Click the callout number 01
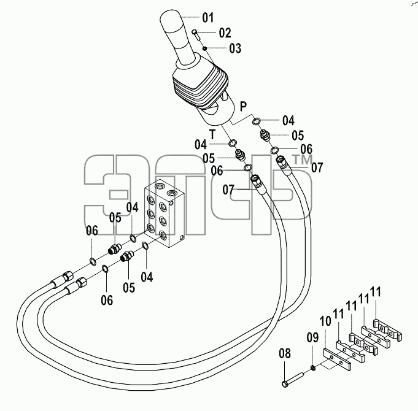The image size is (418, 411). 208,18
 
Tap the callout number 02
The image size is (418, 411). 225,33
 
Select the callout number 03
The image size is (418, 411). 235,48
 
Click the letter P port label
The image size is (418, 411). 243,106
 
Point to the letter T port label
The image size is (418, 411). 212,134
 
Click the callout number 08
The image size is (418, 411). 285,353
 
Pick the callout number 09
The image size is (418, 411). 312,337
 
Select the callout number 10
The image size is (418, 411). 325,321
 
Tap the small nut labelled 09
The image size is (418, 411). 314,369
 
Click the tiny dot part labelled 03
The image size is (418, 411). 205,48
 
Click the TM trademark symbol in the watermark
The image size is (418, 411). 303,160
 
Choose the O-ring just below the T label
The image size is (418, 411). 233,143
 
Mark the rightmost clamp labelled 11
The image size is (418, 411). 387,330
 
